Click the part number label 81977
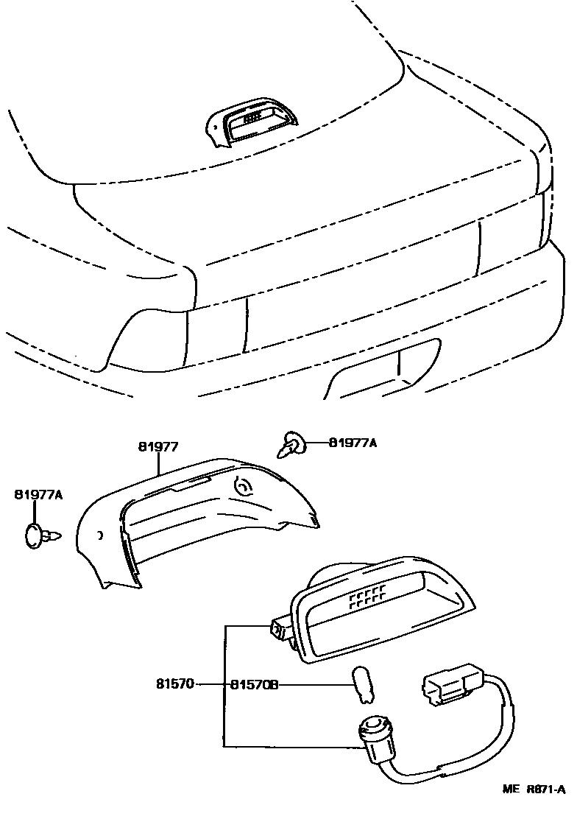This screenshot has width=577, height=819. pos(158,446)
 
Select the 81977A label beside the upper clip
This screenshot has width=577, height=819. pos(352,443)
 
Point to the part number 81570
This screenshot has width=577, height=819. pos(175,684)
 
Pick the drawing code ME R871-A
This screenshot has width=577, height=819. pos(534,809)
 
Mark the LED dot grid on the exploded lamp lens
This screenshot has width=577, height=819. pos(367,596)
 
